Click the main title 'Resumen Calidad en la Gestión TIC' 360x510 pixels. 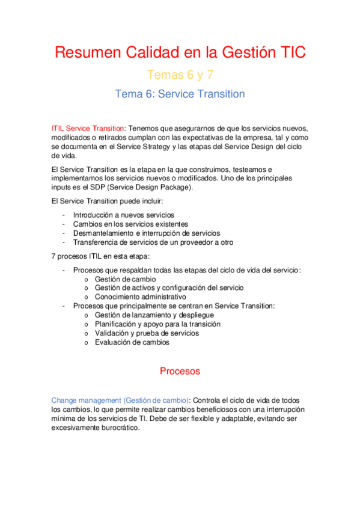(x=180, y=52)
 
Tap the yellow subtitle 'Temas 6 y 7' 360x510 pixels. (x=180, y=75)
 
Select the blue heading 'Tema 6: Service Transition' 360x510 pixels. (x=180, y=94)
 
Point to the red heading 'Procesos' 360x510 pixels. (x=180, y=371)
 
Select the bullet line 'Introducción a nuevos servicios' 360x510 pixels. (x=123, y=215)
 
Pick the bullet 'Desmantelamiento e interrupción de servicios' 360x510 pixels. (x=146, y=233)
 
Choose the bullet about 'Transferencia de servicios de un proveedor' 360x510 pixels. (x=153, y=242)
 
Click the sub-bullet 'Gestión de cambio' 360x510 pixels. (x=125, y=279)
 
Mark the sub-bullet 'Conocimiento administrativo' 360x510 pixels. (x=140, y=296)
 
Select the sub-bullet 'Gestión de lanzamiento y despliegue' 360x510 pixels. (x=154, y=315)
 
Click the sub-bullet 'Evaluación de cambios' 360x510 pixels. (x=132, y=342)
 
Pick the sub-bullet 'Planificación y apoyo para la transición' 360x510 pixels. (x=157, y=324)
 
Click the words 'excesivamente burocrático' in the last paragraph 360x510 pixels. (x=96, y=428)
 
